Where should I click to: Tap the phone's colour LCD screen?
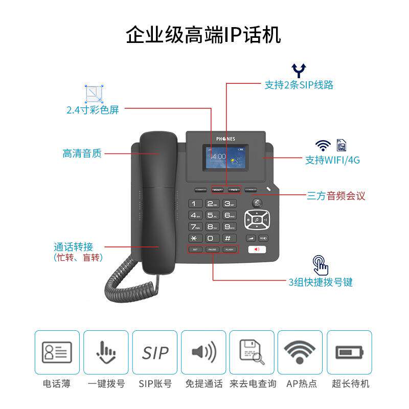point(224,158)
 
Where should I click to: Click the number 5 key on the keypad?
point(212,215)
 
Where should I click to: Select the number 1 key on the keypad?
point(195,203)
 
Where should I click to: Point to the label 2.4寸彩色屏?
point(93,109)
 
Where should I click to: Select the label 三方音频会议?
point(336,196)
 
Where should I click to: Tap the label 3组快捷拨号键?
point(320,282)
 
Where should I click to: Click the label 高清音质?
point(82,153)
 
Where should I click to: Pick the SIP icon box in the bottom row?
point(155,352)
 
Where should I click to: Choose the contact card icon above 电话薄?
point(57,352)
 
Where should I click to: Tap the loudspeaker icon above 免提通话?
point(204,352)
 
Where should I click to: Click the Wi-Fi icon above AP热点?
point(300,352)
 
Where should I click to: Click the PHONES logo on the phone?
point(224,139)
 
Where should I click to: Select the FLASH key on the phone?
point(229,249)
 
